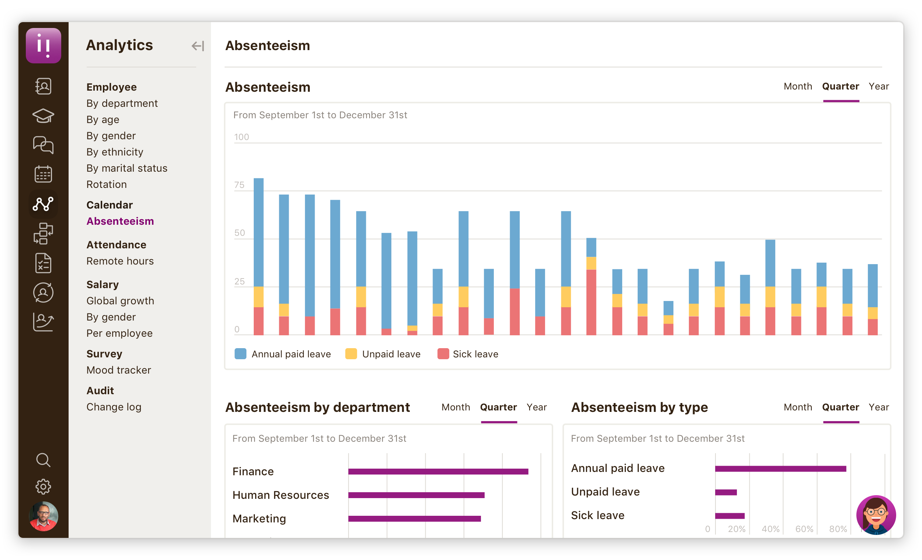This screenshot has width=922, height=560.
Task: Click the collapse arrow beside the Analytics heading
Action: [x=198, y=46]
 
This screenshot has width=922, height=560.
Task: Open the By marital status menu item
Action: [x=126, y=168]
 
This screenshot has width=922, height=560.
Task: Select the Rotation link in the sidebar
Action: [x=106, y=184]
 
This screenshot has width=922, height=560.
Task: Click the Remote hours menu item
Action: [x=120, y=261]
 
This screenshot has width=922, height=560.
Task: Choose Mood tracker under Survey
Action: [x=119, y=370]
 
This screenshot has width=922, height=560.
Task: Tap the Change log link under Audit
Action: [x=114, y=407]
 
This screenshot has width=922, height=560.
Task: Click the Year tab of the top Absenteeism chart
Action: [x=878, y=86]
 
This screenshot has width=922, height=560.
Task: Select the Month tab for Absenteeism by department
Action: [x=455, y=407]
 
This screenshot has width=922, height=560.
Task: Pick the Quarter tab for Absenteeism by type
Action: [x=840, y=407]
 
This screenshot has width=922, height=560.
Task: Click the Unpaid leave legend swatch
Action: [x=351, y=354]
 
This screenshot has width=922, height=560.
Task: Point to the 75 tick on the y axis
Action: [x=239, y=185]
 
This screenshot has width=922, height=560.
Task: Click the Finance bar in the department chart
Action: [x=438, y=472]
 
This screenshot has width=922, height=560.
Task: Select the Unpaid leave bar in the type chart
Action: [x=725, y=492]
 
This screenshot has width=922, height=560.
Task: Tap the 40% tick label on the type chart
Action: [x=770, y=529]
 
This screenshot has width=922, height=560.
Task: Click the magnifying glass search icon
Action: [x=43, y=460]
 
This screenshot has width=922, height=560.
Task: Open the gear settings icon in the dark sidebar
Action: [x=43, y=486]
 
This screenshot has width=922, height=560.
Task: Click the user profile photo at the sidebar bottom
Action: [x=44, y=516]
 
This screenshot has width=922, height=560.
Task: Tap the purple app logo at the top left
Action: [x=44, y=46]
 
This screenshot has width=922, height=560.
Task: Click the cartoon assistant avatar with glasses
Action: [x=876, y=515]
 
